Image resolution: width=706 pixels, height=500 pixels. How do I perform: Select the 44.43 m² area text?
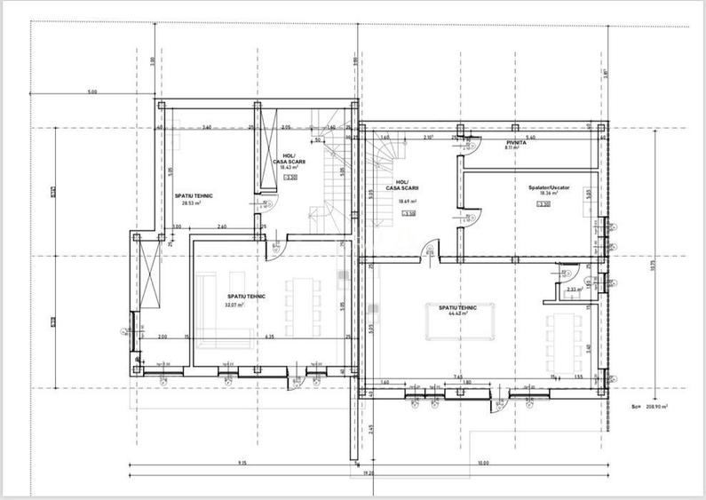click(x=457, y=313)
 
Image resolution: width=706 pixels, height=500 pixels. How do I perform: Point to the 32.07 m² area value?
click(x=234, y=304)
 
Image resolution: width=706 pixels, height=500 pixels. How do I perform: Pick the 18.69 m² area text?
click(x=409, y=202)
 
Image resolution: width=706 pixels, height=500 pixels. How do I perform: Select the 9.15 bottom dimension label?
click(x=242, y=463)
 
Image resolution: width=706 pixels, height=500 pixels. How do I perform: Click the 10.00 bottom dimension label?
click(x=483, y=463)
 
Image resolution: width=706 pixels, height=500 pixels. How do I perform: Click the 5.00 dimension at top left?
click(x=92, y=92)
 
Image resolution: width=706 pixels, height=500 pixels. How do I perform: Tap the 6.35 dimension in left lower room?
click(x=268, y=337)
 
